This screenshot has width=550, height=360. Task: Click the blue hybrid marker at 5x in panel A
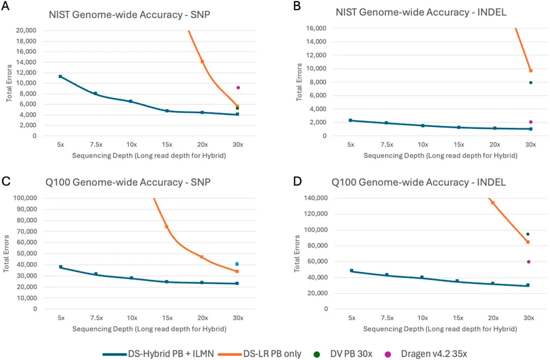[x=60, y=76]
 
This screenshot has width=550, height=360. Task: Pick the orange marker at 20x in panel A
[x=202, y=62]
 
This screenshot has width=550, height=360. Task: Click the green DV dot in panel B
[x=531, y=83]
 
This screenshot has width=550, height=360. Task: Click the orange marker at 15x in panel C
[x=167, y=227]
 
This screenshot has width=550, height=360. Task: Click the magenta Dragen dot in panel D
[x=529, y=262]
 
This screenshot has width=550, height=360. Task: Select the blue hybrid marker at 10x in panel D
[x=422, y=277]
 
